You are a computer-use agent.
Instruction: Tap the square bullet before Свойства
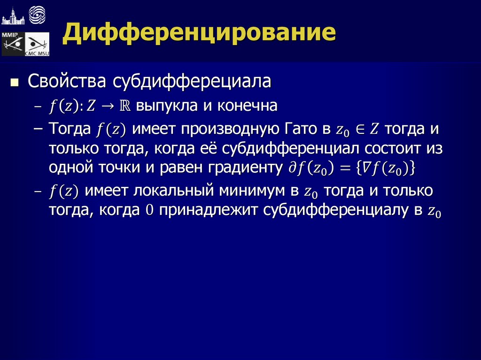click(15, 83)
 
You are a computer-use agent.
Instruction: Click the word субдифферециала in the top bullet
click(192, 82)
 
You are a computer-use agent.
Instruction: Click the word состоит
click(388, 149)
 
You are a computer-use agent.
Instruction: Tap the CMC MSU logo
click(37, 45)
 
